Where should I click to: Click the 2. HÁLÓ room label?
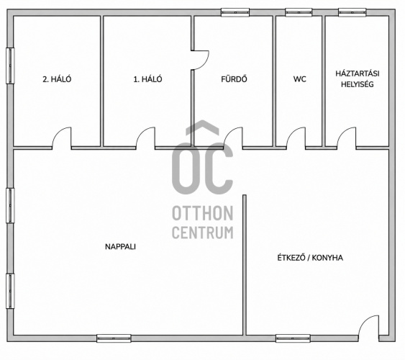click(x=57, y=78)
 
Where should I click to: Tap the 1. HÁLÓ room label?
click(x=147, y=78)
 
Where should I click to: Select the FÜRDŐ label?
click(x=234, y=78)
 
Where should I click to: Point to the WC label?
click(x=300, y=78)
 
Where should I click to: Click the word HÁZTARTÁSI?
click(x=358, y=73)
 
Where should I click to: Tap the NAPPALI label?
click(x=120, y=246)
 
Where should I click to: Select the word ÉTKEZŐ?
click(x=291, y=258)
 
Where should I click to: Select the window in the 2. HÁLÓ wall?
click(x=10, y=66)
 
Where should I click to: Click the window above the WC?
click(x=299, y=12)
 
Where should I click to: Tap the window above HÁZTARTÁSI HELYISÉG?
click(x=352, y=12)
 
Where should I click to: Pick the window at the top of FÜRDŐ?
click(x=235, y=12)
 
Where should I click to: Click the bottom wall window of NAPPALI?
click(x=114, y=338)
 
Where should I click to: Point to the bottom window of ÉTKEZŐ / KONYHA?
click(x=293, y=338)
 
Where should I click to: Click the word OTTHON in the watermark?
click(x=203, y=213)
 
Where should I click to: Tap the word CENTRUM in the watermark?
click(x=203, y=233)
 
